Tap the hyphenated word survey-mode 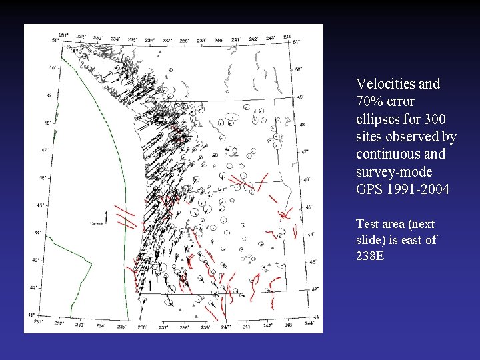394,172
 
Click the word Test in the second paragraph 368,224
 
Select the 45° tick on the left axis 45,205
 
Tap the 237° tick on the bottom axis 163,327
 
